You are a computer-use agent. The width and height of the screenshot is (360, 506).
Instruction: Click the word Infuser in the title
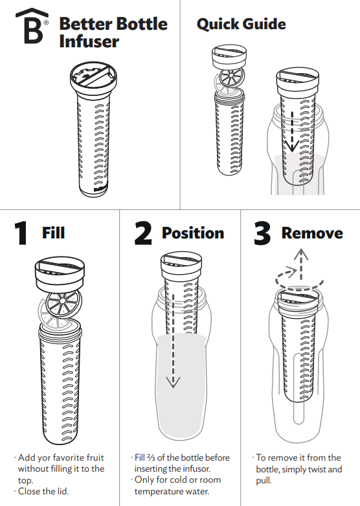pos(89,42)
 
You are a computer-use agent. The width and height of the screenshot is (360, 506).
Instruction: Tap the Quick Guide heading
pos(241,25)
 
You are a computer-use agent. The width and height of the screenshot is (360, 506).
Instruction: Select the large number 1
pos(21,233)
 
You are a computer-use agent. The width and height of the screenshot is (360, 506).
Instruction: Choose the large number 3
pos(262,233)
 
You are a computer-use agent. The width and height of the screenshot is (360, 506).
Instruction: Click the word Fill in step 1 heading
pos(53,232)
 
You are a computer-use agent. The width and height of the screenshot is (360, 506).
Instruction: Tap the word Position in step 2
pos(193,233)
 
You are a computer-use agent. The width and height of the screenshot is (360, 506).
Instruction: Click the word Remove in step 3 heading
pos(312,233)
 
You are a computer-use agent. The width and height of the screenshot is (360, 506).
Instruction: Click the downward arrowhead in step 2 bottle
pos(172,382)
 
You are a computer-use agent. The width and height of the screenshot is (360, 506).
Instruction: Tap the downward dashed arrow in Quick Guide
pos(291,133)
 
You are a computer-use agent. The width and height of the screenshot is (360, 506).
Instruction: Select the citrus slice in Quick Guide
pos(229,80)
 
